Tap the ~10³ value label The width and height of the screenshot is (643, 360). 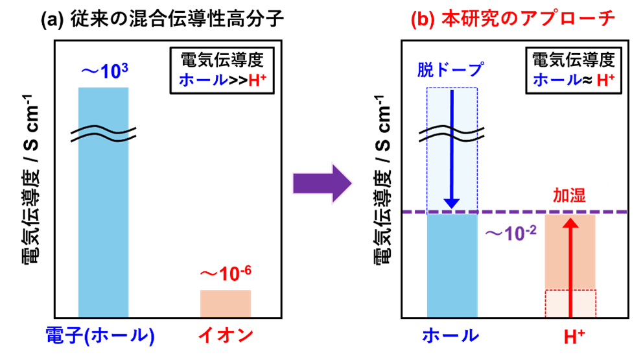coord(104,71)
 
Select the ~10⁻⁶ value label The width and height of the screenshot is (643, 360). coord(225,275)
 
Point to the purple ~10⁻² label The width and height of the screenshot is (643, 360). coord(511,233)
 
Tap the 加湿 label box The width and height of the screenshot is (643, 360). coord(570,195)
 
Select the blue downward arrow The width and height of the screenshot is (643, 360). coord(452,149)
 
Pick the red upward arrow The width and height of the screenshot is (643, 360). coord(570,266)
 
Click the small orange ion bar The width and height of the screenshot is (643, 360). coord(225,303)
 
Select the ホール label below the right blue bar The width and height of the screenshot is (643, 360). coord(450,335)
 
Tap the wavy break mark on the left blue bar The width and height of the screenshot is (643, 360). coord(103,134)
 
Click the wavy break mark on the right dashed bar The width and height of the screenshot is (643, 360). coord(452,134)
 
